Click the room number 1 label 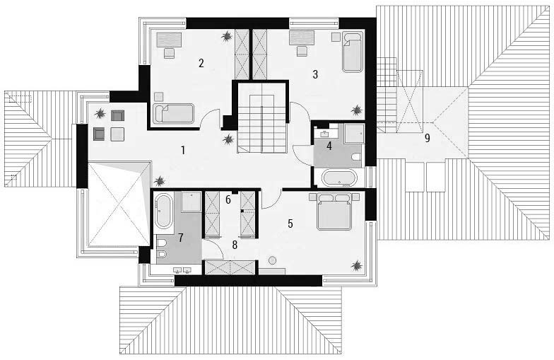point(183,151)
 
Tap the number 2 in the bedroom point(201,64)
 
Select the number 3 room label point(315,74)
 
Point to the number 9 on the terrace point(427,139)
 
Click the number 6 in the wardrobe point(228,199)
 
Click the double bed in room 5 point(335,211)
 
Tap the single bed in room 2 point(173,113)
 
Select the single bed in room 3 point(353,52)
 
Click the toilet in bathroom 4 point(356,157)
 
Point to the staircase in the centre point(261,117)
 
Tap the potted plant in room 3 point(357,110)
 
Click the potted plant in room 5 point(357,266)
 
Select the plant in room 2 point(226,36)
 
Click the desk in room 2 point(169,40)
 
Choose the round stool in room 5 point(273,260)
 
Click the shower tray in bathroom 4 point(353,133)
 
